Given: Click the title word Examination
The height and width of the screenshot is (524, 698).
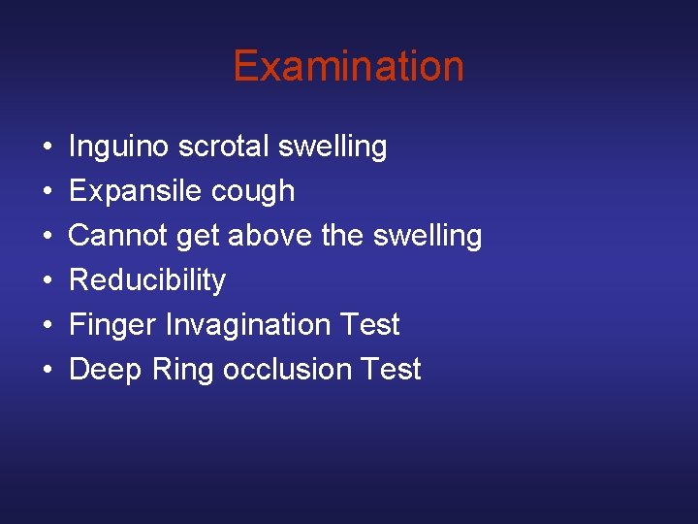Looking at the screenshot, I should pyautogui.click(x=348, y=66).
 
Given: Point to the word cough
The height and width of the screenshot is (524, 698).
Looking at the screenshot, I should pyautogui.click(x=258, y=191).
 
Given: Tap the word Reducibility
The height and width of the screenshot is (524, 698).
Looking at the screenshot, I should pyautogui.click(x=147, y=279).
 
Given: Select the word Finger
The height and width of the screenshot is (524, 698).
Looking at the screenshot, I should pyautogui.click(x=113, y=324).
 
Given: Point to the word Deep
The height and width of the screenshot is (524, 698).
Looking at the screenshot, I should pyautogui.click(x=105, y=369).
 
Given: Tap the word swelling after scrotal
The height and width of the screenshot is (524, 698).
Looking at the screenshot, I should pyautogui.click(x=333, y=147).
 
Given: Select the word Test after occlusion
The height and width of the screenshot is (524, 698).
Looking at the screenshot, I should pyautogui.click(x=387, y=369).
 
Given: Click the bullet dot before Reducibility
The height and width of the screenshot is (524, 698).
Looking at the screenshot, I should pyautogui.click(x=47, y=280).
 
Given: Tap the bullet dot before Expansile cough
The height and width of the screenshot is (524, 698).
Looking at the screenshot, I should pyautogui.click(x=47, y=192).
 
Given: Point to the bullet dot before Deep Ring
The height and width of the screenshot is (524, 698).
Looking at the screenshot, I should pyautogui.click(x=47, y=370).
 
